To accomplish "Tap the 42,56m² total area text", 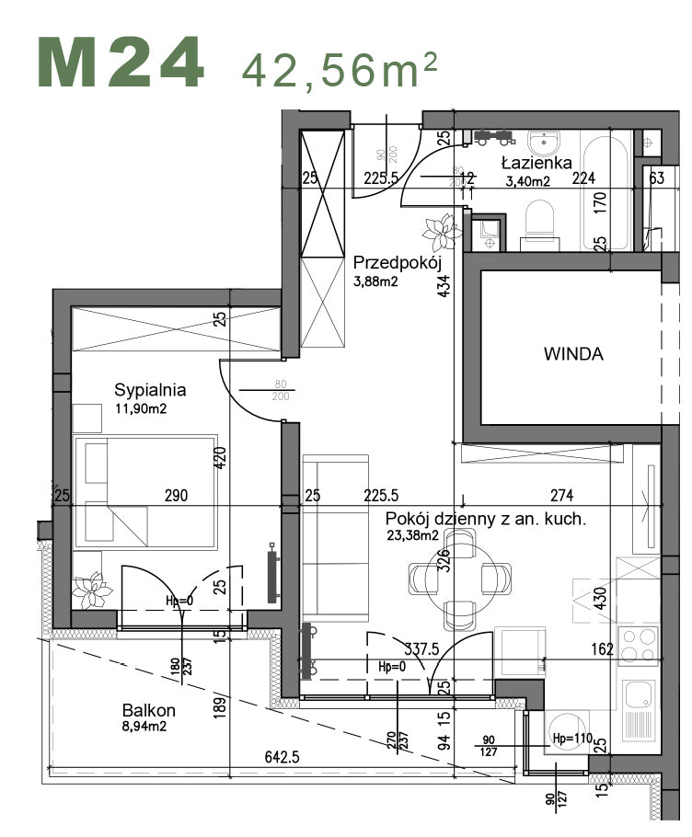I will (339, 67).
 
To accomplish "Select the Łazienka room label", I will (531, 163).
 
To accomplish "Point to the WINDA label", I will (573, 354).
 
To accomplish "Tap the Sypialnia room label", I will (151, 389).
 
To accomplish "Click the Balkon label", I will (149, 710).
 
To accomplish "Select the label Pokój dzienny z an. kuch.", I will (486, 520).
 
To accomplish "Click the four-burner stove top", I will (639, 644).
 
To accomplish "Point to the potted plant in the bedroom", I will (92, 589).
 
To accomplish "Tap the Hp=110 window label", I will (571, 739).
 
